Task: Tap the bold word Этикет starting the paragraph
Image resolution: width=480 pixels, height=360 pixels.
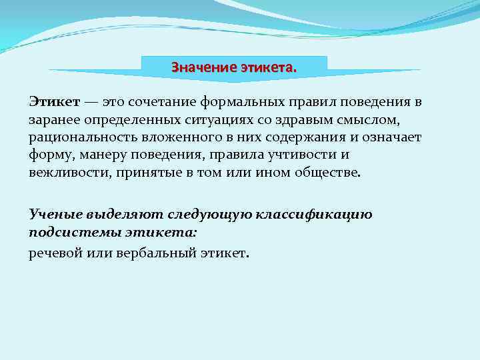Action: [x=54, y=102]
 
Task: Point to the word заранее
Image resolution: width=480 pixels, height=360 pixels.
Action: [x=54, y=119]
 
